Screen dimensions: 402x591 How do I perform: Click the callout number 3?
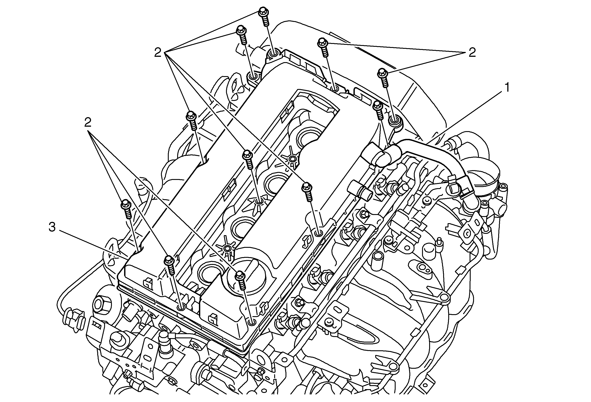[52, 227]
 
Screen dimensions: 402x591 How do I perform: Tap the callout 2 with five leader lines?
[158, 53]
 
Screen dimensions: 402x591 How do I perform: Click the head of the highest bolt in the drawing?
[263, 12]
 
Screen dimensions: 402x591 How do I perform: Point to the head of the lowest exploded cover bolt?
[240, 275]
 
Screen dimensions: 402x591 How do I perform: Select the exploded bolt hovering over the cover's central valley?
[247, 154]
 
